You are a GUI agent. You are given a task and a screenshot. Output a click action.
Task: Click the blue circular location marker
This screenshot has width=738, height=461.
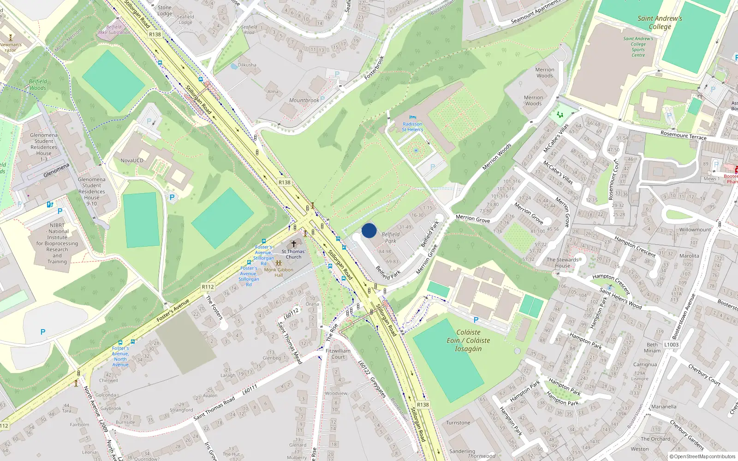(x=369, y=230)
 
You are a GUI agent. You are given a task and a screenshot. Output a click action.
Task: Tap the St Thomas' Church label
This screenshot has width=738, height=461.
(x=293, y=254)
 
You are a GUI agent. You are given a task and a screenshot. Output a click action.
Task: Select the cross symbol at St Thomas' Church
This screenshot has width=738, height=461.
(x=293, y=244)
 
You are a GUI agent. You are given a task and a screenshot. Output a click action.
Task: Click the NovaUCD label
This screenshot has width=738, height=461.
(x=132, y=160)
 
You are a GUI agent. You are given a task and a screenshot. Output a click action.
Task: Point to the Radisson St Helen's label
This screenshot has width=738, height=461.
(x=412, y=127)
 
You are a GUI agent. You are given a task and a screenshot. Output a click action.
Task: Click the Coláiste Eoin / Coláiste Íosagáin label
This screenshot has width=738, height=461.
(x=468, y=340)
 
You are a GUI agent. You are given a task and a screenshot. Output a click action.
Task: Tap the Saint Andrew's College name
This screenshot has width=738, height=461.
(x=660, y=23)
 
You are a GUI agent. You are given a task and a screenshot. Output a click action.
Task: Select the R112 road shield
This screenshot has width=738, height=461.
(x=208, y=287)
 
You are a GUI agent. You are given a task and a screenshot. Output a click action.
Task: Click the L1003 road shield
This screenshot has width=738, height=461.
(x=671, y=344)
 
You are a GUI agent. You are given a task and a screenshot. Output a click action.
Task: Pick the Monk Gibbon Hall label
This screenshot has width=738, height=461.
(x=279, y=272)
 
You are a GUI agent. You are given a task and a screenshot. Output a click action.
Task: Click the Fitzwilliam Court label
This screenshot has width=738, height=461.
(x=338, y=354)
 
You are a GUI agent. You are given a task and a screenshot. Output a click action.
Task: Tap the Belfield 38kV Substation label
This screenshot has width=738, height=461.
(x=114, y=30)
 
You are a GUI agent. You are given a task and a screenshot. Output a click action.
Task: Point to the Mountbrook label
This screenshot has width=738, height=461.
(x=304, y=100)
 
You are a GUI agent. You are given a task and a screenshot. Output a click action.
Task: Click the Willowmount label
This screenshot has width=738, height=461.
(x=695, y=230)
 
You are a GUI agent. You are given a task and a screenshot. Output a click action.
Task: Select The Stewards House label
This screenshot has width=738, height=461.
(x=562, y=263)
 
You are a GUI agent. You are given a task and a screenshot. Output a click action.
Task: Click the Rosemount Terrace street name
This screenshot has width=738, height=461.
(x=683, y=135)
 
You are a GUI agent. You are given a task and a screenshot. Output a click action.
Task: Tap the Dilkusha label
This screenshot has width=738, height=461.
(x=247, y=65)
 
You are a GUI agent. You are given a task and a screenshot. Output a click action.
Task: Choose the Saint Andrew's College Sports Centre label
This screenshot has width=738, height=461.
(x=638, y=47)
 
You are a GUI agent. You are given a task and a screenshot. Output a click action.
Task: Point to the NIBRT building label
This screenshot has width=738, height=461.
(x=57, y=243)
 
